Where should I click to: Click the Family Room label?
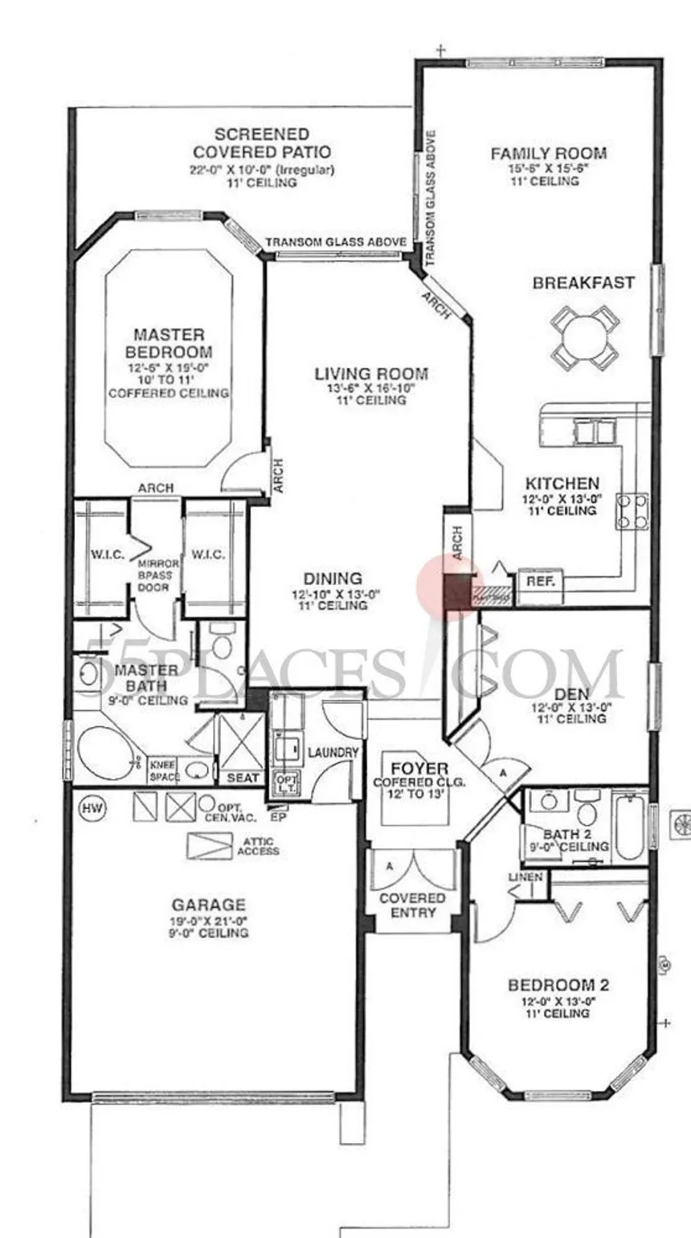(x=549, y=153)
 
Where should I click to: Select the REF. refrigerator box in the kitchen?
(x=541, y=579)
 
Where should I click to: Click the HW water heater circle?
(x=88, y=806)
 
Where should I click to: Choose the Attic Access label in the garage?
(x=258, y=846)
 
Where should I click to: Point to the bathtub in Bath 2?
(x=630, y=824)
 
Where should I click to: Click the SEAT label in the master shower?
(x=243, y=777)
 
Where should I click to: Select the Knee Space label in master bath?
(x=164, y=771)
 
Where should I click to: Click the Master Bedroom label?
(x=169, y=343)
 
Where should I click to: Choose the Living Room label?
(x=370, y=374)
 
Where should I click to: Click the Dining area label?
(x=332, y=578)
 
